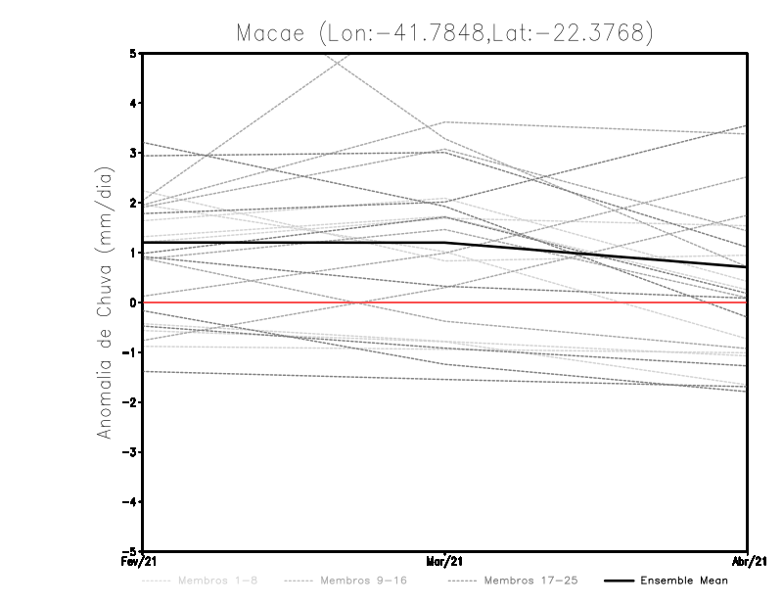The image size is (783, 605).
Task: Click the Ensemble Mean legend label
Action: (x=684, y=581)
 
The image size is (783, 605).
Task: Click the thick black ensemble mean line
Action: (x=294, y=242)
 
